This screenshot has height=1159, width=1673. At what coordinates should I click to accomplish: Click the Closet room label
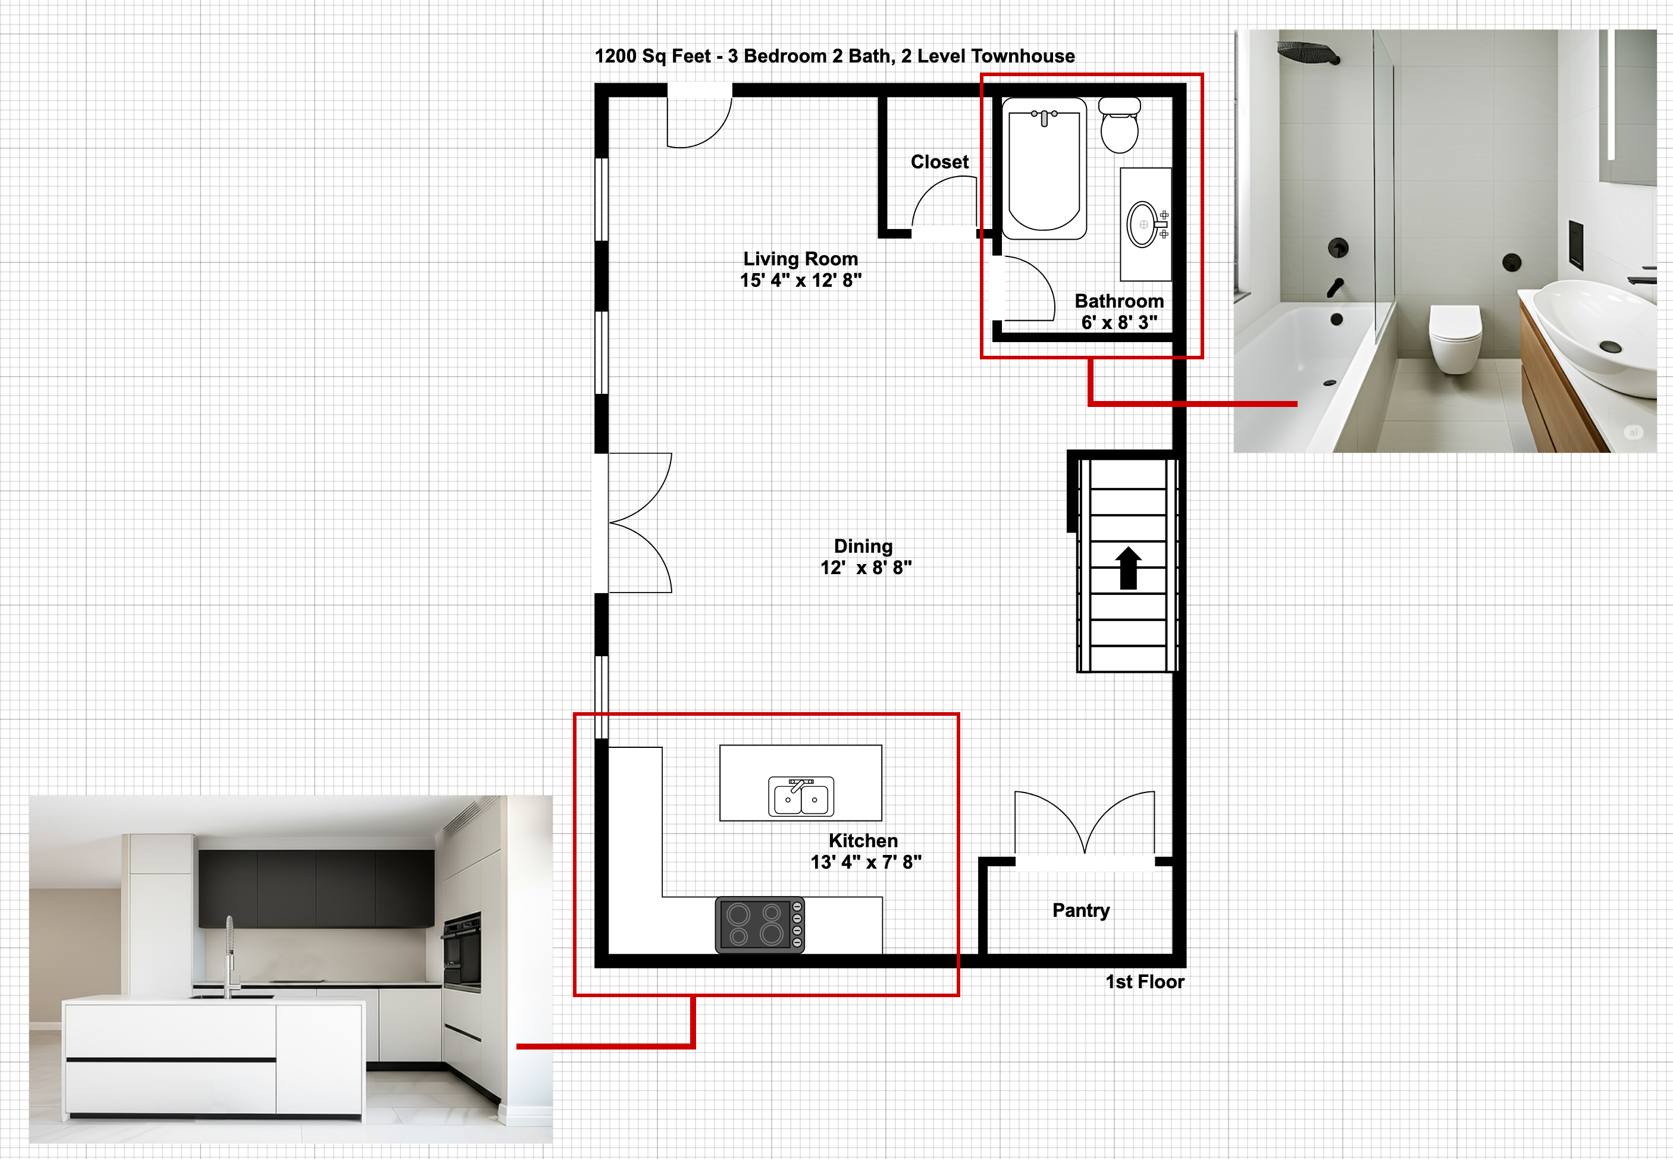tap(939, 162)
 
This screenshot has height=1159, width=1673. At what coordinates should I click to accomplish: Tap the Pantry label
tap(1080, 911)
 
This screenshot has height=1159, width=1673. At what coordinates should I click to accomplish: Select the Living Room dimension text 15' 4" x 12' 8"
tap(800, 280)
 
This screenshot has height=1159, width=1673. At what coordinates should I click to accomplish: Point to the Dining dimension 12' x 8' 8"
tap(866, 568)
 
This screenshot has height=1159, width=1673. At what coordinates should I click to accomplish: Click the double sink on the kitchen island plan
tap(800, 796)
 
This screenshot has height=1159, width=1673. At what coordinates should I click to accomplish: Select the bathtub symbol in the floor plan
tap(1044, 168)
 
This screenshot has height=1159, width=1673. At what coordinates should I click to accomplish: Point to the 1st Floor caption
tap(1144, 982)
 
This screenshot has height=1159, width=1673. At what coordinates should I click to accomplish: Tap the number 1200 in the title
tap(615, 56)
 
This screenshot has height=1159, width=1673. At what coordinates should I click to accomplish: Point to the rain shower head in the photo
tap(1308, 52)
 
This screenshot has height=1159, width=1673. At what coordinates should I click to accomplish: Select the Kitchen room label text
tap(863, 841)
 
